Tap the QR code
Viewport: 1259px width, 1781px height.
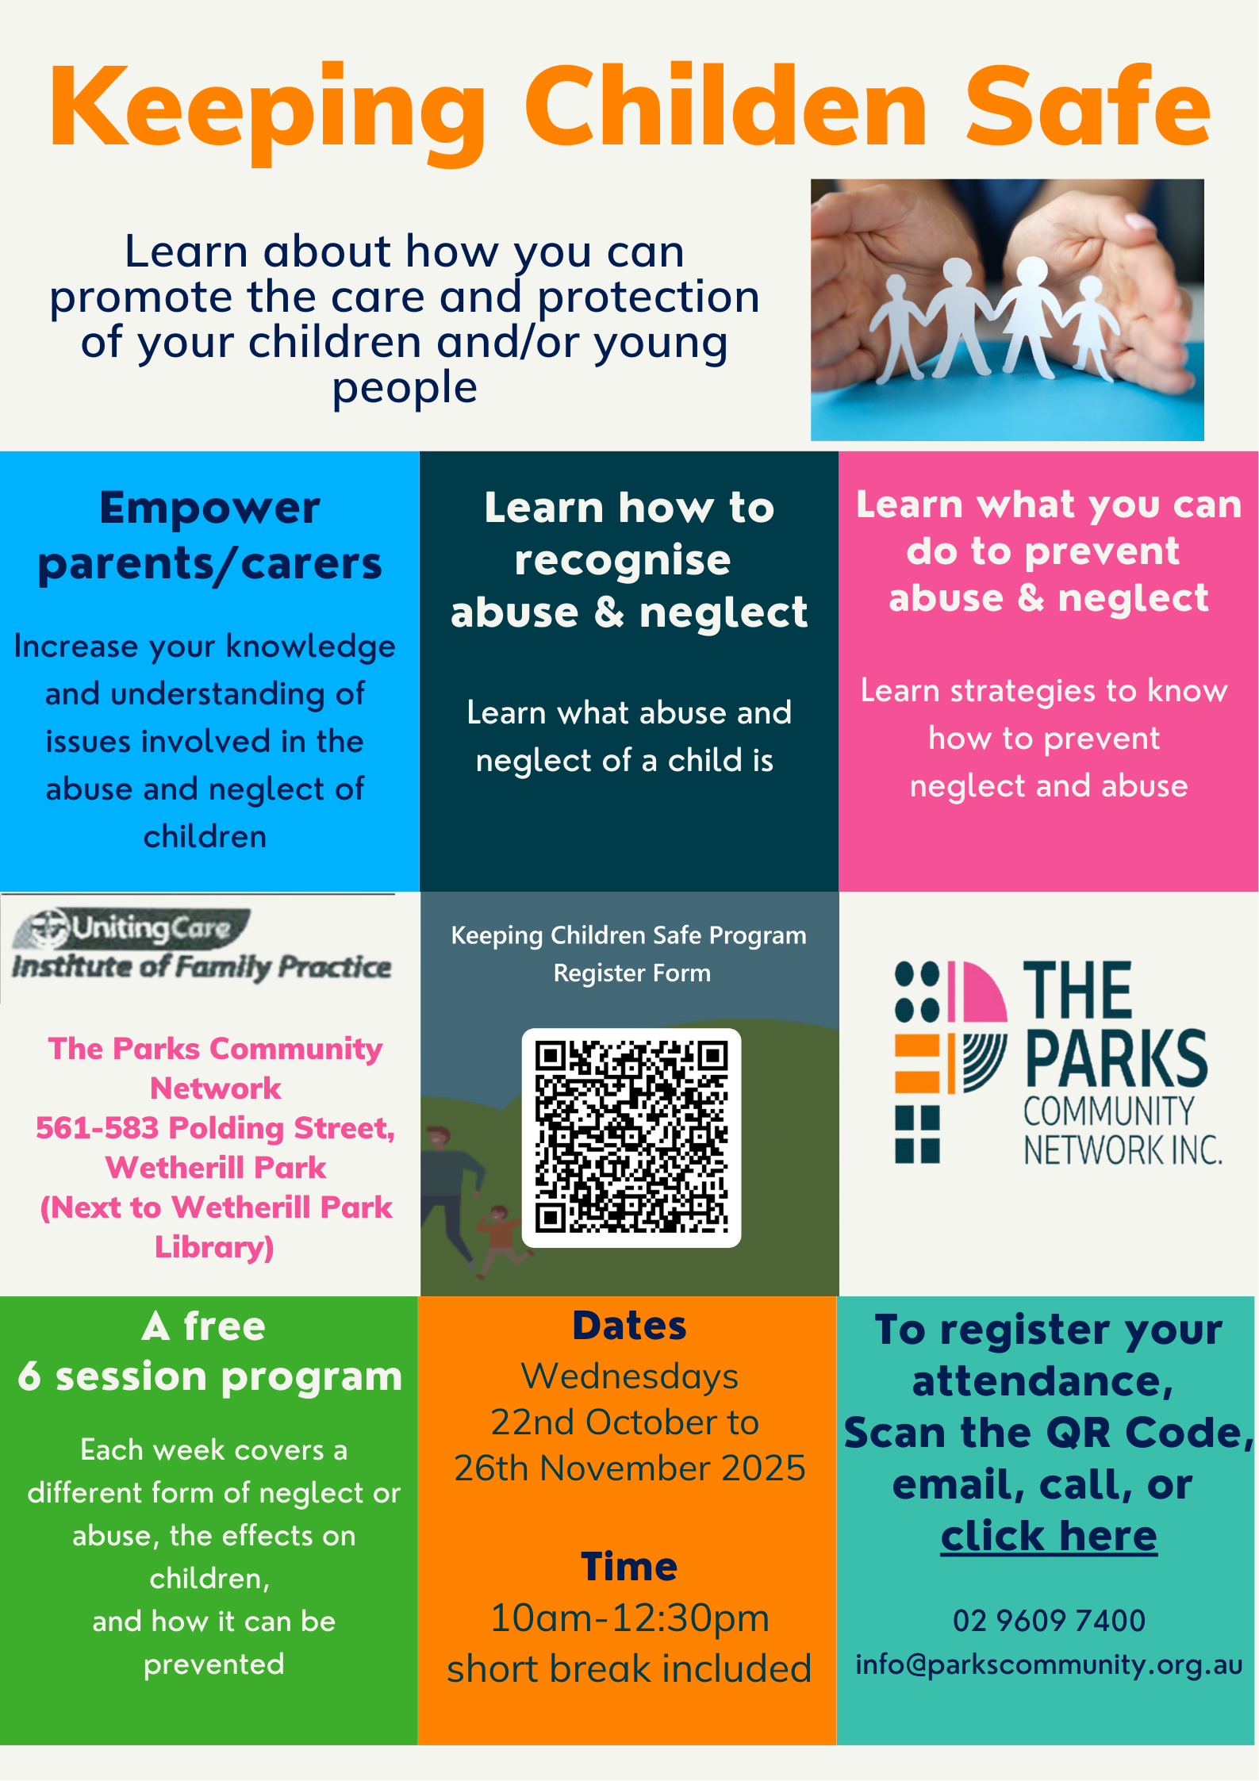(631, 1138)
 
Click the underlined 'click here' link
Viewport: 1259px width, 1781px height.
(1049, 1536)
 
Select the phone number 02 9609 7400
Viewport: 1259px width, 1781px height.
(1049, 1620)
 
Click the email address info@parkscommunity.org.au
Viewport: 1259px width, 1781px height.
(1049, 1664)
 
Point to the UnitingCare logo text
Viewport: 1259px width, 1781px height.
(151, 927)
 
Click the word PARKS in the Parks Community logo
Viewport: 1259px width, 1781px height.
(1116, 1058)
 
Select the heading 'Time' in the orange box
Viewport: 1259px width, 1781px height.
(629, 1567)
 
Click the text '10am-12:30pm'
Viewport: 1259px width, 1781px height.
(630, 1618)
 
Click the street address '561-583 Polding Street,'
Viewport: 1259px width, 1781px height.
(216, 1128)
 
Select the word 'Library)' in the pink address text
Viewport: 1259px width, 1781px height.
(214, 1247)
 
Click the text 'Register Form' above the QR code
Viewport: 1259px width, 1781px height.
(632, 973)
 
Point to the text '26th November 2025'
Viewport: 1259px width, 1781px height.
(630, 1468)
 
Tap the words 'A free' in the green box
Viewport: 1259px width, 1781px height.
(204, 1326)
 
